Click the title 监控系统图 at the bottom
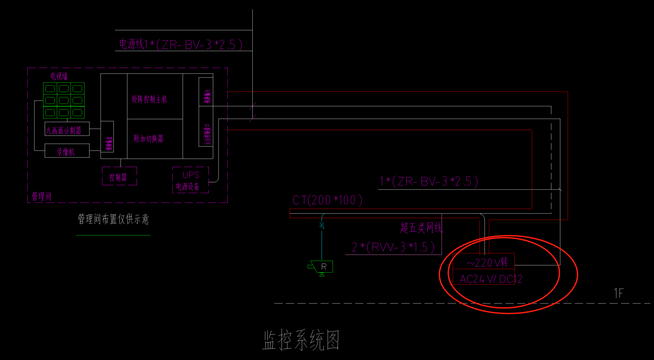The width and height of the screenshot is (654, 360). click(301, 340)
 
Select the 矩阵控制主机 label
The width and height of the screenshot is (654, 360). click(149, 99)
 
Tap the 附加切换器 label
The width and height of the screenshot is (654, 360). click(148, 138)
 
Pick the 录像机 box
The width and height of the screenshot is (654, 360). click(67, 151)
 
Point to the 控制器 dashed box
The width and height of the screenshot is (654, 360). click(119, 177)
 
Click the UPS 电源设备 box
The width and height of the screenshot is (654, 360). click(190, 180)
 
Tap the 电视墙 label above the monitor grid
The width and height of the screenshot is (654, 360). click(59, 76)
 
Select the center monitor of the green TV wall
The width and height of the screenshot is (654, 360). click(64, 101)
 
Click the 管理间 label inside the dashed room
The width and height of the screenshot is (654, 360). click(41, 196)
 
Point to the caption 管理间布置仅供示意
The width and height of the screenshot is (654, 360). click(113, 219)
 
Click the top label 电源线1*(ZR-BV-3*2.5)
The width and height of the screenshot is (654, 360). click(181, 44)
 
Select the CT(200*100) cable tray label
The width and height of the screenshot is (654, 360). click(327, 200)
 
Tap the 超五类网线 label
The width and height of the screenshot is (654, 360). click(421, 227)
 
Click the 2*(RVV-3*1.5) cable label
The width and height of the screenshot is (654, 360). click(393, 247)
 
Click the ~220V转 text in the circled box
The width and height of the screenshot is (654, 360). click(487, 263)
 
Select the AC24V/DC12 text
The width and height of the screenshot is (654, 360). click(490, 279)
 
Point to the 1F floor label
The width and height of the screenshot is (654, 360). click(618, 293)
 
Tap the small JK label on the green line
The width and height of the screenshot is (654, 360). click(322, 225)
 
